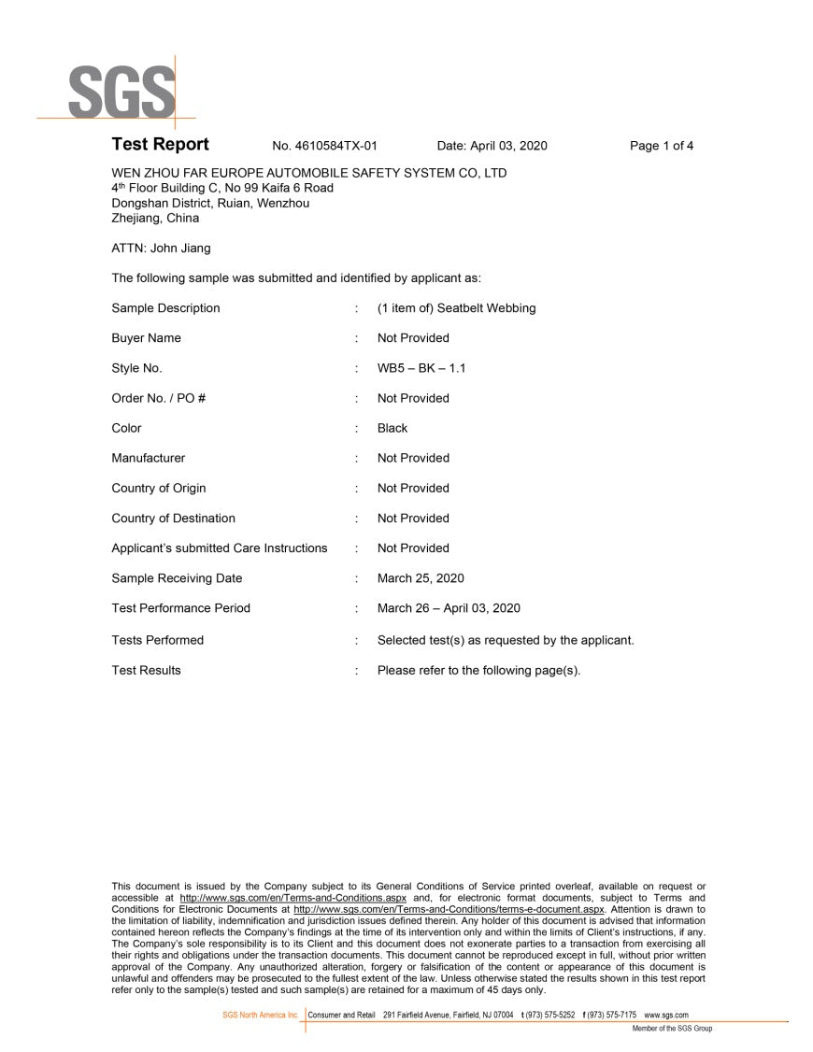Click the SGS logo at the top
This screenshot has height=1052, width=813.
(120, 91)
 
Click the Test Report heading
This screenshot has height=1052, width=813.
(160, 145)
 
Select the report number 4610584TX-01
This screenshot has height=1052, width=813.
(324, 146)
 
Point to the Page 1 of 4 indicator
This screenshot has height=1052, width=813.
(662, 146)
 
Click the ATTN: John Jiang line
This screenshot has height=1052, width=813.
(161, 249)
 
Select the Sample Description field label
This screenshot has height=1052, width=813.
(165, 308)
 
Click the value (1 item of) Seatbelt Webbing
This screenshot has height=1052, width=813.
(456, 308)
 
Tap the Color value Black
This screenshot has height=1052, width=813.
(392, 428)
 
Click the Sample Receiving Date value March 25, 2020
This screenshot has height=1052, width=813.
(421, 578)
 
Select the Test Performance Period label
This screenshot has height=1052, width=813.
(180, 608)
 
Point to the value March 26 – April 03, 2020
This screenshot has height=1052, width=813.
(449, 608)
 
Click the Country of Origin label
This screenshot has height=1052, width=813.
(159, 488)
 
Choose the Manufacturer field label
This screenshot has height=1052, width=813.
(148, 458)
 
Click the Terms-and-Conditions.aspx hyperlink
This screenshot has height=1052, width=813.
(292, 897)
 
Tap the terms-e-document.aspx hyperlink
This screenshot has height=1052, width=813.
(449, 908)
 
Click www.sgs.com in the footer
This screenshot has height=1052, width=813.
(666, 1015)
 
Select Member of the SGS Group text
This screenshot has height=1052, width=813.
(672, 1029)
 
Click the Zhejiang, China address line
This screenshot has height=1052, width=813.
(155, 219)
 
